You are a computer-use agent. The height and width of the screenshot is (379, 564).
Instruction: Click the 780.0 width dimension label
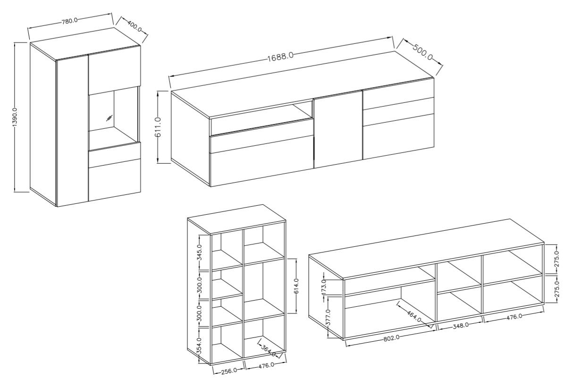point(69,20)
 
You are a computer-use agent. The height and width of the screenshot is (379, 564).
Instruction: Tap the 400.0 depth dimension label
point(134,26)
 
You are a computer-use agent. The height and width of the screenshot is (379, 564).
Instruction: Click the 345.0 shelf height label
point(200,252)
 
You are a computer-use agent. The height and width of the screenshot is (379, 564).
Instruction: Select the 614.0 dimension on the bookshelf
point(296,286)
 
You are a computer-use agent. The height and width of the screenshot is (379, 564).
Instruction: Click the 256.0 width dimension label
point(228,371)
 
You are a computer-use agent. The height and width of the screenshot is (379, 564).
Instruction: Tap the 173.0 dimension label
point(324,286)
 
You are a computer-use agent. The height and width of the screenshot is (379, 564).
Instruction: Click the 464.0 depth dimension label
point(414,316)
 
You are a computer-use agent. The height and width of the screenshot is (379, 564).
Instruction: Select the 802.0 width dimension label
point(391,337)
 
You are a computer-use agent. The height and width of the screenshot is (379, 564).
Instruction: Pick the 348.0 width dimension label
point(461,325)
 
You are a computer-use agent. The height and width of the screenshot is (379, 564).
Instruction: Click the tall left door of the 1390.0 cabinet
point(72,131)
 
